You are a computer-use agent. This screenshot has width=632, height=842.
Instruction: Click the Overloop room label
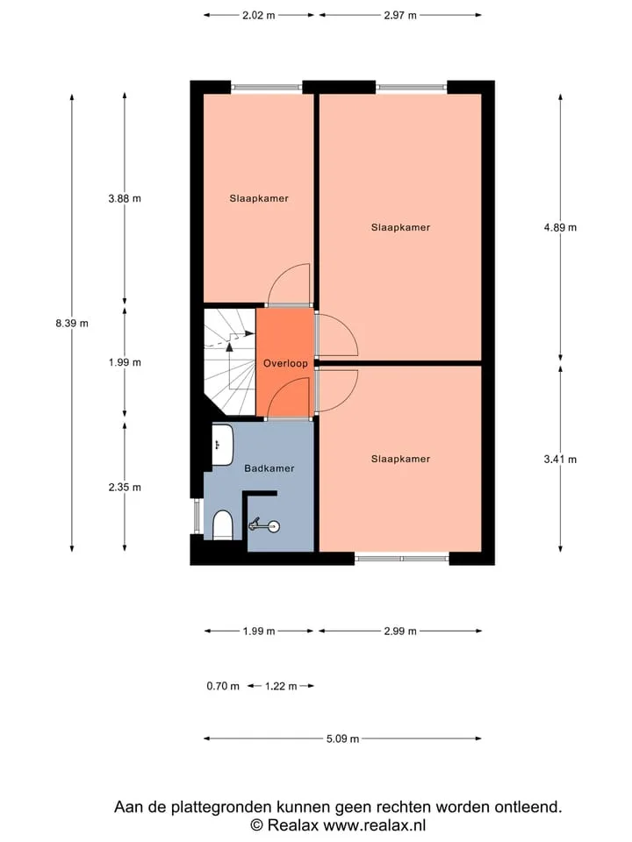(285, 363)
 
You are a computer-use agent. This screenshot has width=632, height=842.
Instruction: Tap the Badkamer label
(269, 468)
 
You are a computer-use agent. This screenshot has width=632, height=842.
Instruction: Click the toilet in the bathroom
(222, 525)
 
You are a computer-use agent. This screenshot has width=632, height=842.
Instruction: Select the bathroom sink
(222, 445)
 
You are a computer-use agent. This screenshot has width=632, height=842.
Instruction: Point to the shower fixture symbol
(264, 525)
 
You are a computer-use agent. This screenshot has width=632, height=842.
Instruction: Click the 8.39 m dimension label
(72, 324)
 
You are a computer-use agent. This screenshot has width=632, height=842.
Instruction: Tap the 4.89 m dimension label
(560, 228)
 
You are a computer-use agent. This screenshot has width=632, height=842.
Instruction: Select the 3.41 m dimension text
(560, 459)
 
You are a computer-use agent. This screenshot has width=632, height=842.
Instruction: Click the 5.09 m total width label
(342, 739)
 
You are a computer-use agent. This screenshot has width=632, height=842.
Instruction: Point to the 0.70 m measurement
(223, 686)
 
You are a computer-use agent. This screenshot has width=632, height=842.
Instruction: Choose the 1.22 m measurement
(281, 686)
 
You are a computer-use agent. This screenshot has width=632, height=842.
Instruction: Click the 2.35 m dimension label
(125, 488)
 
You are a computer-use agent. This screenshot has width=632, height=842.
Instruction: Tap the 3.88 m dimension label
(125, 199)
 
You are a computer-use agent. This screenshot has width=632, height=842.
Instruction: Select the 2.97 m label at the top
(400, 16)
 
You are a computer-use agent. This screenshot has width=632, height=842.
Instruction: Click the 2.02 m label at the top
(258, 16)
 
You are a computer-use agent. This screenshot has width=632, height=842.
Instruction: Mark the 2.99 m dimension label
(400, 631)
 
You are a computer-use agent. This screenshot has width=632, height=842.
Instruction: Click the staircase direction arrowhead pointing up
(229, 347)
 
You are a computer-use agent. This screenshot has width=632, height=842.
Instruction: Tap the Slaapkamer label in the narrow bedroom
(259, 199)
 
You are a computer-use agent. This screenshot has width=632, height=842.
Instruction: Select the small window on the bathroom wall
(197, 517)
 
